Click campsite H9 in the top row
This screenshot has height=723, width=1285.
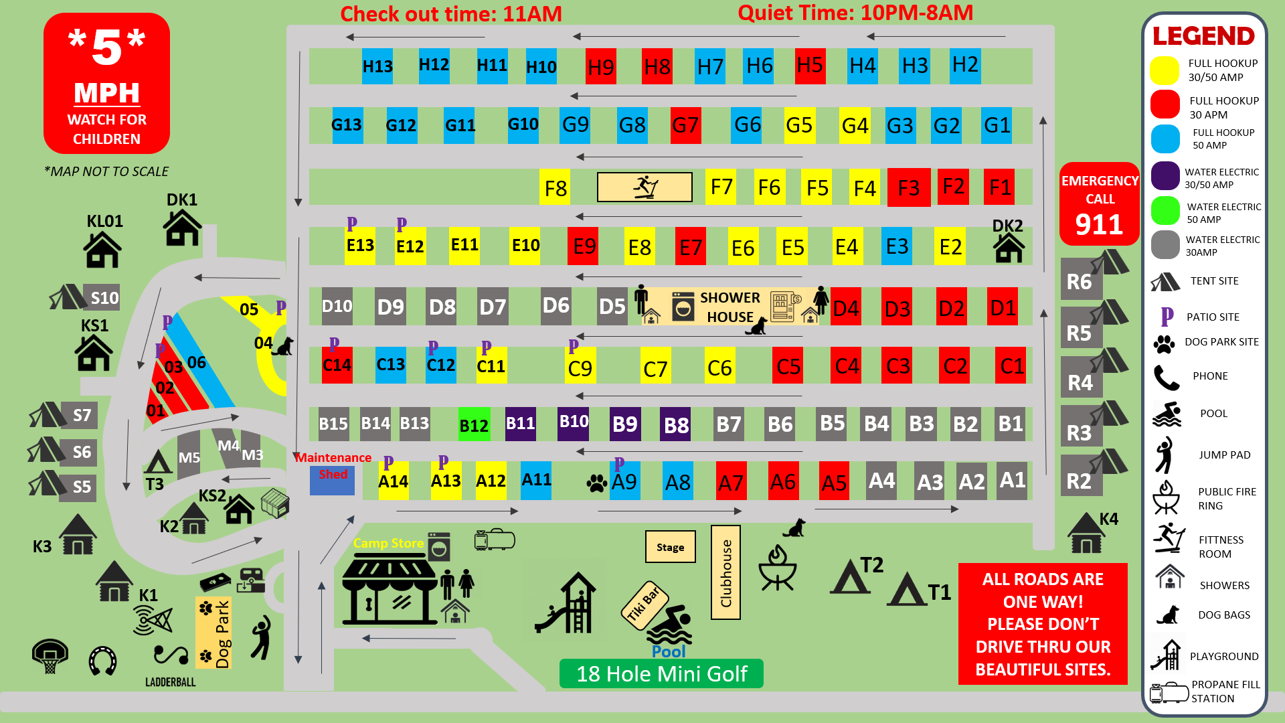(600, 66)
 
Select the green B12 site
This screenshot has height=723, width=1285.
(474, 424)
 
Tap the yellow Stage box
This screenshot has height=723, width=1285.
(670, 547)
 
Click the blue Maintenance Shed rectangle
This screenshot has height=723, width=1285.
(332, 481)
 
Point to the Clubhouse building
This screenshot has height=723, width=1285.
(725, 573)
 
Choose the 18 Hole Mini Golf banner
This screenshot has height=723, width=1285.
(661, 673)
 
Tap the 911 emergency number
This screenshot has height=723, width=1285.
(1099, 224)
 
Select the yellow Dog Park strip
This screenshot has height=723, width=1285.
(214, 633)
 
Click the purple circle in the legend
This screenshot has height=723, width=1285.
(1165, 176)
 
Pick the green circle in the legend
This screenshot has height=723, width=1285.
(1165, 211)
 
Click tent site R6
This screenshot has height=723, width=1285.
(1080, 281)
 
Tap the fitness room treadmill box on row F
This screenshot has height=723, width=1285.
(645, 187)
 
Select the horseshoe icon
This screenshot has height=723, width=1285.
(103, 661)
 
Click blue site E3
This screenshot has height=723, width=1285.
(897, 246)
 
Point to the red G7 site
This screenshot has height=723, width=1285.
(685, 125)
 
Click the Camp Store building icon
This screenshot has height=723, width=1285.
(390, 592)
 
